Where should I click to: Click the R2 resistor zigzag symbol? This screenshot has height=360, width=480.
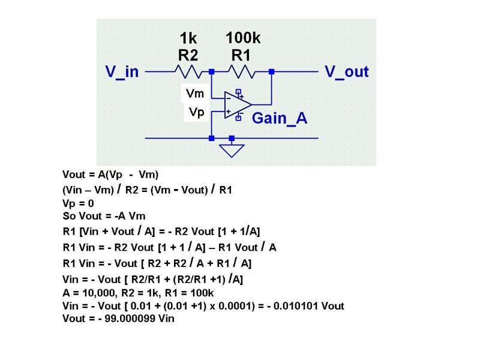point(187,71)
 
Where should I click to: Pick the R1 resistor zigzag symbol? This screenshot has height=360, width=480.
point(241,71)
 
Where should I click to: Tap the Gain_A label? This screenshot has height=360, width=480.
point(280,118)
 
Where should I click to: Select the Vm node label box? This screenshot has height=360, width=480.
point(196,94)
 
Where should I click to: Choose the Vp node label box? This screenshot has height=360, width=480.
point(196,112)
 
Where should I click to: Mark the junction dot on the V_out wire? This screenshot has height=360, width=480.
point(271,71)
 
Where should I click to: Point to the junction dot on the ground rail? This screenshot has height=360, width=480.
point(211,138)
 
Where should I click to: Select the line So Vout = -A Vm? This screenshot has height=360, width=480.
point(104,216)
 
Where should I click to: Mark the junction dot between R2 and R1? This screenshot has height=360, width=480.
point(211,71)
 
